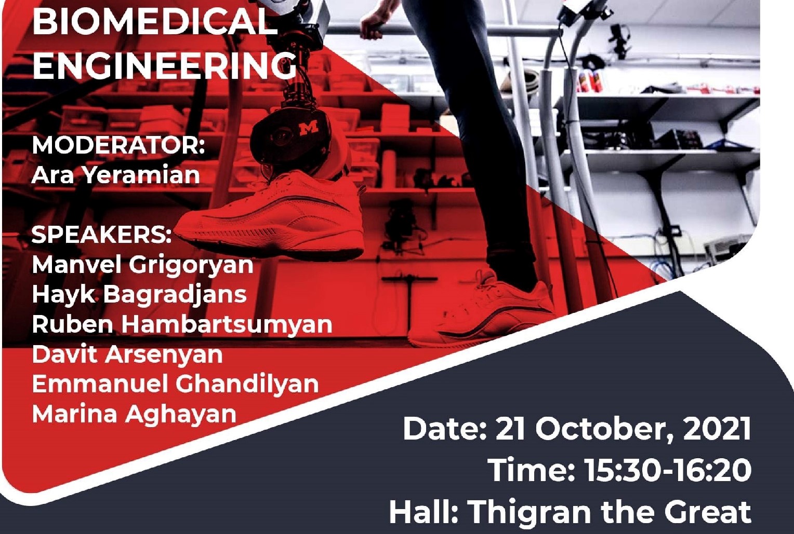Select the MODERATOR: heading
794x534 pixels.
click(118, 145)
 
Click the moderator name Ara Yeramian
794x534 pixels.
click(115, 175)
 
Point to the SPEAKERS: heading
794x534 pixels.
click(101, 235)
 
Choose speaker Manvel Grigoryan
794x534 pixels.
click(142, 265)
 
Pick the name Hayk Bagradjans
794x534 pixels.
click(139, 294)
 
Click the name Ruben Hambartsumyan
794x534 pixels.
click(182, 324)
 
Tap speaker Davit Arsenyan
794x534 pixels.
click(127, 354)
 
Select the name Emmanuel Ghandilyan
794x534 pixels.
click(175, 384)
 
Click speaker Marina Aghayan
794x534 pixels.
click(134, 414)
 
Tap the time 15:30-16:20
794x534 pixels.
click(668, 470)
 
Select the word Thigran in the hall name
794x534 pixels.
click(530, 512)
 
